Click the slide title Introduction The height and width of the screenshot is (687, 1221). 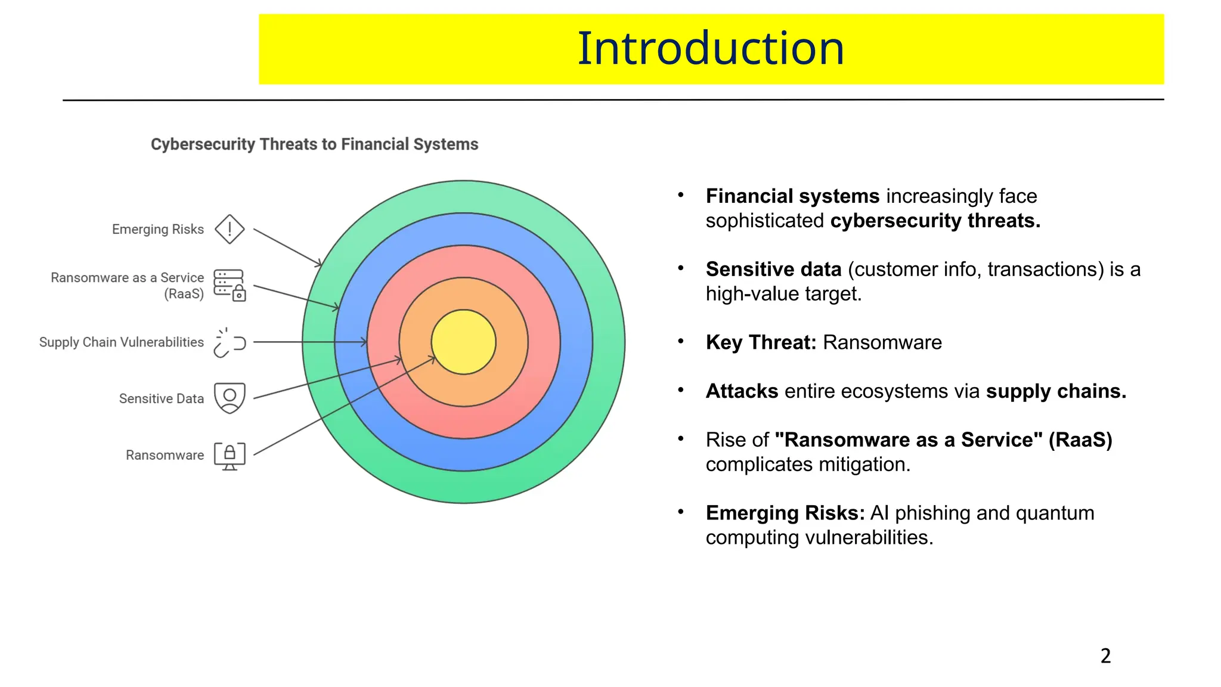click(x=711, y=48)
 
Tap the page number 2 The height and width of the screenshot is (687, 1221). click(x=1105, y=656)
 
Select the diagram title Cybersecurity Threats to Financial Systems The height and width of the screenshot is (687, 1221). click(x=314, y=144)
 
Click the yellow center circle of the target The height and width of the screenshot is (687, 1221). click(x=463, y=342)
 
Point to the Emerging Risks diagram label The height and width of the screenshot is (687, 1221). click(x=158, y=230)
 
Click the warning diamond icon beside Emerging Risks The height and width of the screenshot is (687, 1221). click(x=230, y=230)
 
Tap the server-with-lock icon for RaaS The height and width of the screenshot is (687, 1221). click(x=230, y=285)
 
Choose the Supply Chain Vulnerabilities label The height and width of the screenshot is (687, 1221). click(x=122, y=342)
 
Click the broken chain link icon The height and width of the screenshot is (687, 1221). click(x=230, y=343)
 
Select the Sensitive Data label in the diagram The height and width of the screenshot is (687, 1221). click(x=162, y=398)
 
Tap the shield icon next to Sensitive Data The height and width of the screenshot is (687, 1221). click(x=230, y=398)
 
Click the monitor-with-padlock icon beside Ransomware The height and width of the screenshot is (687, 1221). click(x=230, y=456)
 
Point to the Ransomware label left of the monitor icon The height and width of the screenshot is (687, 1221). click(x=165, y=456)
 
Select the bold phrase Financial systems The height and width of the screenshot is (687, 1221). click(x=792, y=196)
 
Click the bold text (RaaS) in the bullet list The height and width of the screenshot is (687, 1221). click(x=1080, y=440)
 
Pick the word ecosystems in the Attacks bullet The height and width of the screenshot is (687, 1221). click(x=882, y=391)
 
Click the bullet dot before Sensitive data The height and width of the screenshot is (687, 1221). click(x=680, y=268)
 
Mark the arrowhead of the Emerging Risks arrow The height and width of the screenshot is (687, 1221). click(x=320, y=264)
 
